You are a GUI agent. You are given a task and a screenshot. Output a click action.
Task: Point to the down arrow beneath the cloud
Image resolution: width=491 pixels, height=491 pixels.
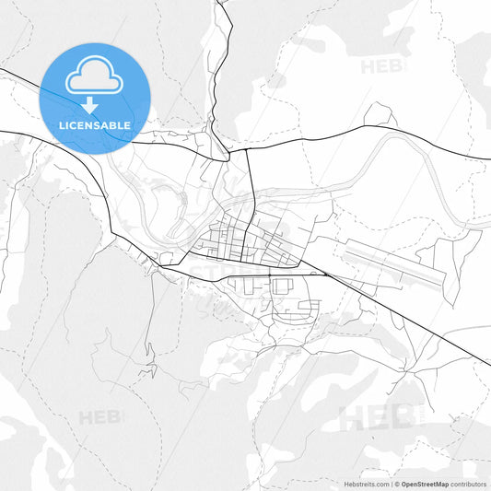pos(90,104)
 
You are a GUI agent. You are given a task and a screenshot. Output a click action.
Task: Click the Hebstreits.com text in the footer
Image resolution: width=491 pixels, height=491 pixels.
pos(367,484)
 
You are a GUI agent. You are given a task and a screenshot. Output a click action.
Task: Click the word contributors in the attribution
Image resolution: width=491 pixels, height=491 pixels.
pos(469,484)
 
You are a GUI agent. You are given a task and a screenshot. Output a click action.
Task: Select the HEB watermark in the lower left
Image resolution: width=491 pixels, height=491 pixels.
pos(99,417)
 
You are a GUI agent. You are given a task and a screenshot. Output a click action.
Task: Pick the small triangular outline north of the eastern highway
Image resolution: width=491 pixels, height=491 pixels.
pos(380,116)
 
